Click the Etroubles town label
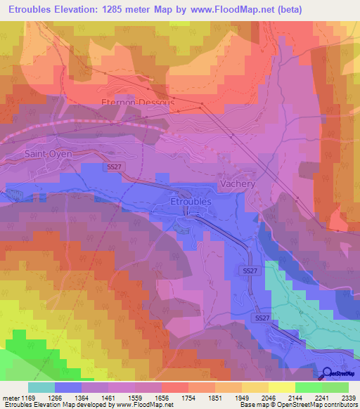point(191,201)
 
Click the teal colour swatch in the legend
point(41,387)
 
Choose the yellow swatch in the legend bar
point(281,387)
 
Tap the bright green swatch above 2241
point(308,387)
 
